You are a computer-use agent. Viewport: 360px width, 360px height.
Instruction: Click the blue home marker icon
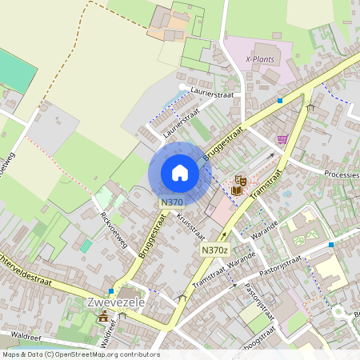180,173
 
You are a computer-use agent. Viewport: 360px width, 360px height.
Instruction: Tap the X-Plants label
259,58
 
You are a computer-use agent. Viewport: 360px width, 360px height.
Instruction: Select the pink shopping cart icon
282,138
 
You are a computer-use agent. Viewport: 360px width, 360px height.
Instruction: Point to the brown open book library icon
236,190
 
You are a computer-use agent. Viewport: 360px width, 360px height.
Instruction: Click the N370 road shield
171,202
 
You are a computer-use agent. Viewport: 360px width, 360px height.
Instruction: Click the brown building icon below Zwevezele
103,316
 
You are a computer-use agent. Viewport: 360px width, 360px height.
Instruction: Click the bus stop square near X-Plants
280,101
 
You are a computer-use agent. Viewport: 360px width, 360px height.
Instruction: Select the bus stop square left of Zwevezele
110,291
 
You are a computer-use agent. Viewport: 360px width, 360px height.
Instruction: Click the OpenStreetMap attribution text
80,354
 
